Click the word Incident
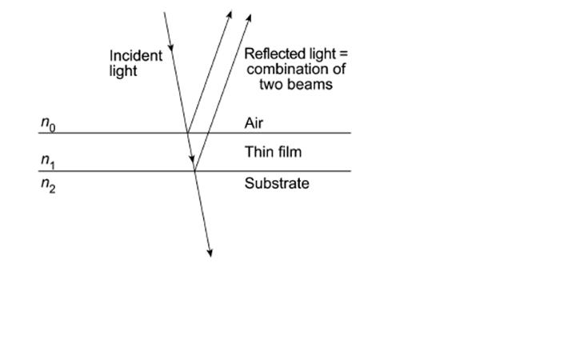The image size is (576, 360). pos(136,56)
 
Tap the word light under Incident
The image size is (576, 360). pos(123,70)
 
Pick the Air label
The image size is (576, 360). pos(254,123)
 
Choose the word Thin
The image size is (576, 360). pos(258,152)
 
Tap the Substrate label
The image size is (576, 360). pos(276,184)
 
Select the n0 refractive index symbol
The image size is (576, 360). pos(48,124)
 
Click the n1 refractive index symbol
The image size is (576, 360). pos(48,161)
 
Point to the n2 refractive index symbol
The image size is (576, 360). pos(48,189)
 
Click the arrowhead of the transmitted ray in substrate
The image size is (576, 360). pos(210,253)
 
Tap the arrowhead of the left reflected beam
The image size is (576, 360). pos(230,14)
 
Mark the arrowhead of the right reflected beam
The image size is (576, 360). pos(249,16)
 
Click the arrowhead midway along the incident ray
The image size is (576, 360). pos(172,54)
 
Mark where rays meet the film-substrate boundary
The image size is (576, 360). pos(194,170)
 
